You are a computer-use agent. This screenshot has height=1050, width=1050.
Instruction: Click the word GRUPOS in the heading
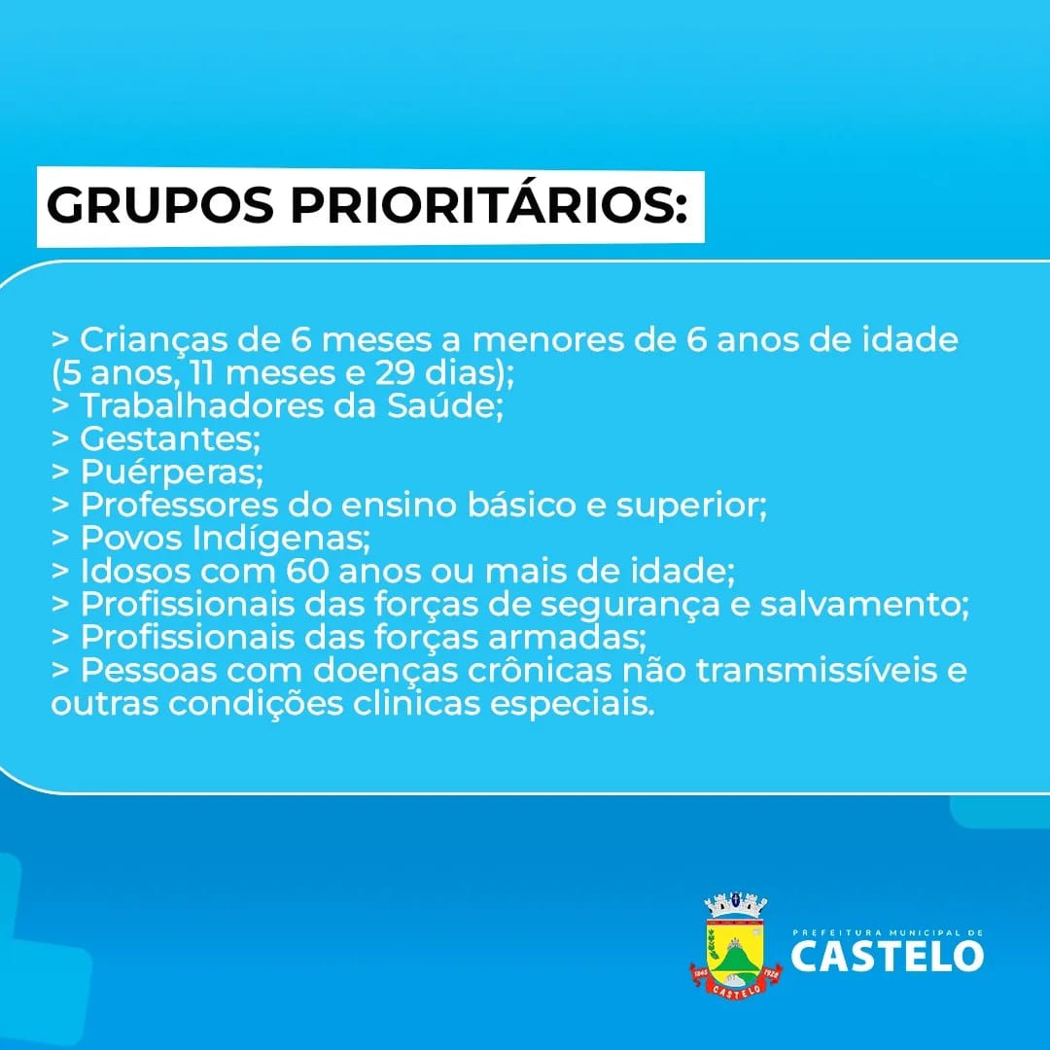click(160, 205)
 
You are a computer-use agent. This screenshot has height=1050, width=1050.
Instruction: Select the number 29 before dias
click(395, 373)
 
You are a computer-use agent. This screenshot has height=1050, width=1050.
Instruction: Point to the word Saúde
click(444, 405)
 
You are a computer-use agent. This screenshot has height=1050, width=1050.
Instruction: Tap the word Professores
click(179, 505)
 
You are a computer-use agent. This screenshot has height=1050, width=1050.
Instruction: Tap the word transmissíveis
click(817, 670)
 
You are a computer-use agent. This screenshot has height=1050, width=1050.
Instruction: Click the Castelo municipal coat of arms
click(736, 945)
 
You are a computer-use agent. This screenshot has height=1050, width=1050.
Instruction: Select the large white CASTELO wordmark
click(888, 955)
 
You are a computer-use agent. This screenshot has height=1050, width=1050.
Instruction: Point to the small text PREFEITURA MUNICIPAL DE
click(888, 932)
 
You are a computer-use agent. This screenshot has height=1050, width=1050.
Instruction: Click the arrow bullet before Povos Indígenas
click(60, 537)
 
